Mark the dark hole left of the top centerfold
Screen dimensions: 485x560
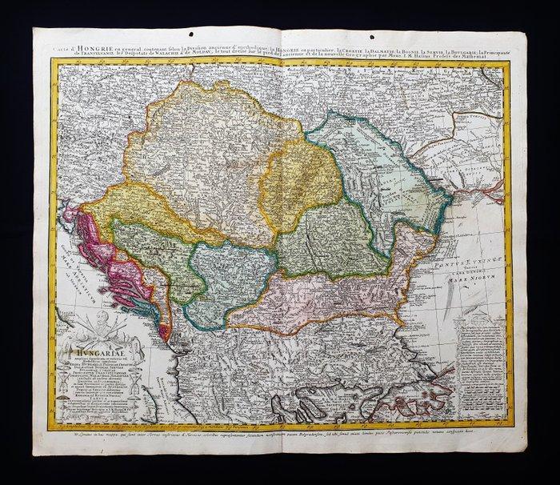point(245,34)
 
